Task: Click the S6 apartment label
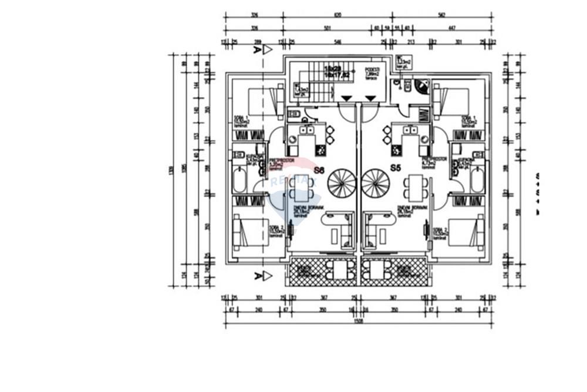click(x=319, y=170)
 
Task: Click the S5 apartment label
click(x=396, y=168)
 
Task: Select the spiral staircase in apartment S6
click(x=341, y=183)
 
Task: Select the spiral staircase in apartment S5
click(x=376, y=183)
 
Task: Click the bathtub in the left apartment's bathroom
click(x=239, y=181)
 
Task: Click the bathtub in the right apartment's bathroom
click(x=477, y=181)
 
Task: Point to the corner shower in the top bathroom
click(x=421, y=86)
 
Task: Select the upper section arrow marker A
click(x=262, y=50)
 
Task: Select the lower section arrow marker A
click(x=262, y=276)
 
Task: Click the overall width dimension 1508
click(x=358, y=321)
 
